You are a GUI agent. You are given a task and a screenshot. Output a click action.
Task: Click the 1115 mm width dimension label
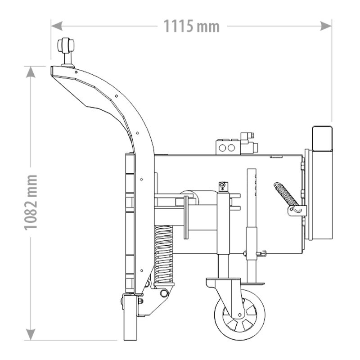click(x=192, y=26)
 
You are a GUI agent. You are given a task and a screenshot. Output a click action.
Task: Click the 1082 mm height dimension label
click(x=31, y=202)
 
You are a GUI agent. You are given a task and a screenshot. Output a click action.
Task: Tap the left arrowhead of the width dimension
click(x=57, y=26)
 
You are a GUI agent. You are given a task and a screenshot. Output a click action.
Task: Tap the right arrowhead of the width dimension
click(x=326, y=26)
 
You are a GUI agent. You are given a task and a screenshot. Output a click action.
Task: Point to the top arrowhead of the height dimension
click(x=31, y=72)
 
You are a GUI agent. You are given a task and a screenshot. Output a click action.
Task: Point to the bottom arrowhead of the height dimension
click(x=31, y=334)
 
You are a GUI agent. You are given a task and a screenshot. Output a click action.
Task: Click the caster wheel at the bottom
click(x=239, y=315)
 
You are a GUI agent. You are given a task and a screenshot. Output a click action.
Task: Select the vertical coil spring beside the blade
click(x=164, y=254)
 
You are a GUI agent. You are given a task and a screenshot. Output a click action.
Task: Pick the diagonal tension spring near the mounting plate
click(x=286, y=194)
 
